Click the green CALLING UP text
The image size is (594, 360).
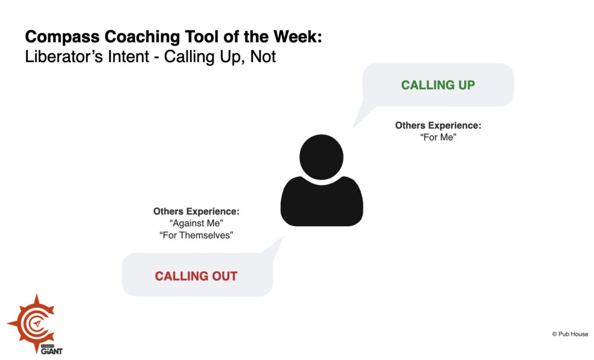coord(438,85)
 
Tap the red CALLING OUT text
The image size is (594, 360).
coord(196,276)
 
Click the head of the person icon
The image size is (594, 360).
coord(321,157)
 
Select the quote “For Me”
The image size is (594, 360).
coord(439,137)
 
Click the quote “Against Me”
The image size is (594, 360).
coord(196,223)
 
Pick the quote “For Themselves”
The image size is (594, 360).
coord(196,235)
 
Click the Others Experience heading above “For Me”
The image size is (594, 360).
coord(439,125)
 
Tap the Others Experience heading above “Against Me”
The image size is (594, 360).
coord(196,211)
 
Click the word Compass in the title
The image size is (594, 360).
coord(62,37)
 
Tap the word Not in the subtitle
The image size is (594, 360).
coord(263,56)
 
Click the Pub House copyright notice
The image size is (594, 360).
coord(570,334)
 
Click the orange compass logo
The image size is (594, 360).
coord(32,322)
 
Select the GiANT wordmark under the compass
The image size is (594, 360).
coord(52,351)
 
